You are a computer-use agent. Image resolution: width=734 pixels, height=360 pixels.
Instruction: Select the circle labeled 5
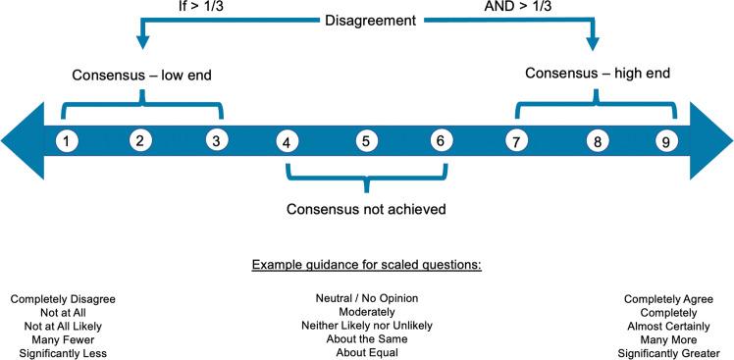click(365, 140)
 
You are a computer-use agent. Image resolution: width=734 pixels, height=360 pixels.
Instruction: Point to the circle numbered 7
click(514, 140)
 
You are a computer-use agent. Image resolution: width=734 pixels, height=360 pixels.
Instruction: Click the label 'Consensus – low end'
click(142, 75)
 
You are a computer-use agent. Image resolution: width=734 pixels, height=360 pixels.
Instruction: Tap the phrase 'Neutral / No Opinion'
click(366, 297)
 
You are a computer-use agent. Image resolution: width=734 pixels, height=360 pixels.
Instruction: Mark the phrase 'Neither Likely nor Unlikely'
click(366, 326)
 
